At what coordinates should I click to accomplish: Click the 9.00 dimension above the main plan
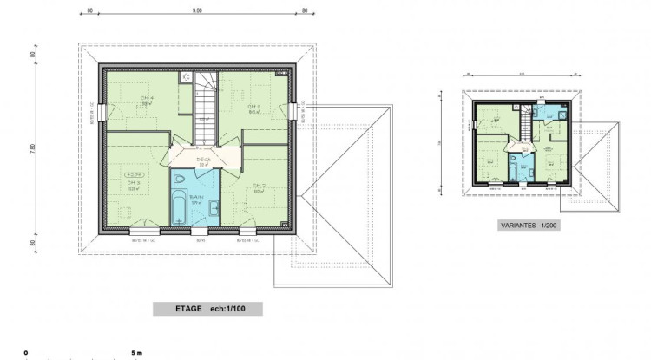197,11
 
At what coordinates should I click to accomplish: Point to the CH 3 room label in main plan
134,184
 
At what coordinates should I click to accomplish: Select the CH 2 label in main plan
259,187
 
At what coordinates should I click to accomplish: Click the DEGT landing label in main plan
205,160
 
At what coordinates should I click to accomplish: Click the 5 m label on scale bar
135,353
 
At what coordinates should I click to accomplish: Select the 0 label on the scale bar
27,353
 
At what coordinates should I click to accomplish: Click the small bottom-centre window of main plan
200,230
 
